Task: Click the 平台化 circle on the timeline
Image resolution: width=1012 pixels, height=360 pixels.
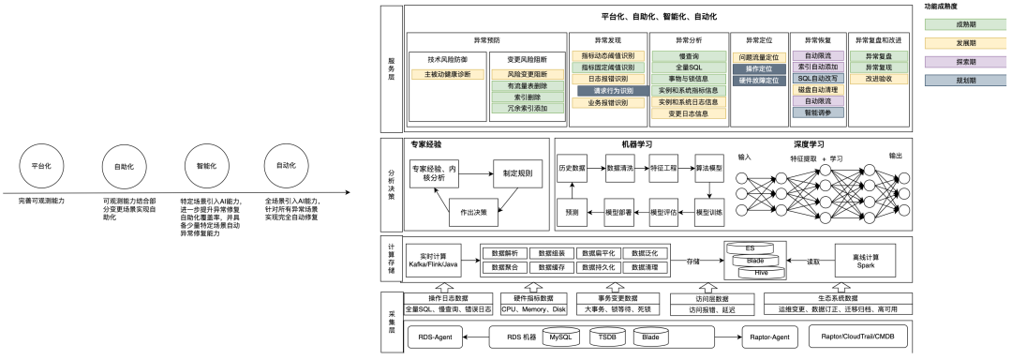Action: point(41,165)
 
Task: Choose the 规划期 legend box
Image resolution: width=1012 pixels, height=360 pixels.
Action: point(962,81)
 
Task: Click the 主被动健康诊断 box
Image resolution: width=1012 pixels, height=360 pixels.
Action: point(448,74)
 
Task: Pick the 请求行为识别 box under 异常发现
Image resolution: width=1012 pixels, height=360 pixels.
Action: point(607,91)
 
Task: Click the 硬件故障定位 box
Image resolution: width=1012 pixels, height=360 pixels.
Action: point(759,81)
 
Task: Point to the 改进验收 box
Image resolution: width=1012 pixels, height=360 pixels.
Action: point(878,79)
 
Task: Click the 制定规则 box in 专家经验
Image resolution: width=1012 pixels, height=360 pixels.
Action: point(517,173)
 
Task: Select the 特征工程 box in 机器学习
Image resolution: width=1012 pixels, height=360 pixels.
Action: point(663,168)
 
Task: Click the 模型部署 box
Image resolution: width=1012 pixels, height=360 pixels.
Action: point(618,213)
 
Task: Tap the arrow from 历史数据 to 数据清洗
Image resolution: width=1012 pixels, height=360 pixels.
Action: point(596,168)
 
